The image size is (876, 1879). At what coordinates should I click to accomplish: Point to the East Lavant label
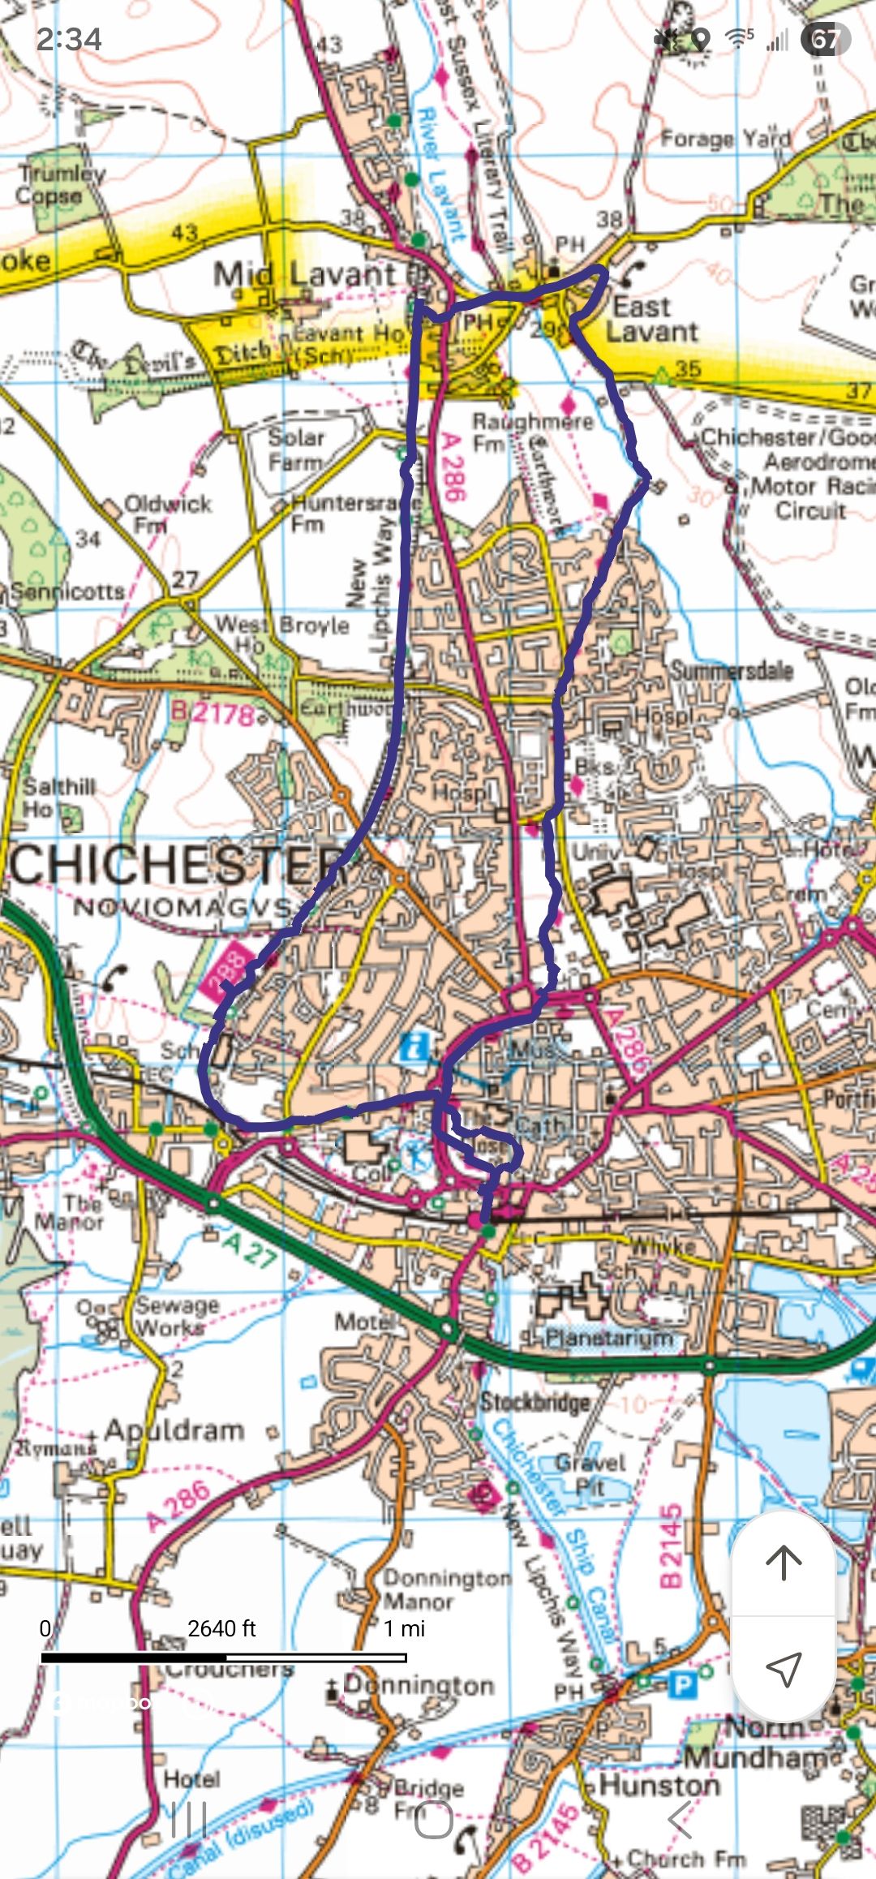(x=651, y=320)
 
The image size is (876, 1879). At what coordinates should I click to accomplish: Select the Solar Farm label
(x=296, y=449)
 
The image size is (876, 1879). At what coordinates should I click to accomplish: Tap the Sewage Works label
(x=177, y=1316)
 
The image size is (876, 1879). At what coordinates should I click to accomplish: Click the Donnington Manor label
(x=446, y=1589)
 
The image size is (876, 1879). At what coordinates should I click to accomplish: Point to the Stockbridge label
(x=535, y=1401)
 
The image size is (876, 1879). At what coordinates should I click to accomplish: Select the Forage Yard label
(x=725, y=138)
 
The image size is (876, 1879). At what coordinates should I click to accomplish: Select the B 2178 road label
(x=213, y=712)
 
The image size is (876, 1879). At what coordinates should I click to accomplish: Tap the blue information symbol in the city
(x=414, y=1047)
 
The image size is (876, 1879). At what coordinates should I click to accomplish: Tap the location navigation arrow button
(x=784, y=1668)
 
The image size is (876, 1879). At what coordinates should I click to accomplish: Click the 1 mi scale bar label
(x=404, y=1628)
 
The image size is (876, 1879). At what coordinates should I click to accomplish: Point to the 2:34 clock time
(x=69, y=39)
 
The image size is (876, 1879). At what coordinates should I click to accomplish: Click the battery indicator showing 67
(x=825, y=39)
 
